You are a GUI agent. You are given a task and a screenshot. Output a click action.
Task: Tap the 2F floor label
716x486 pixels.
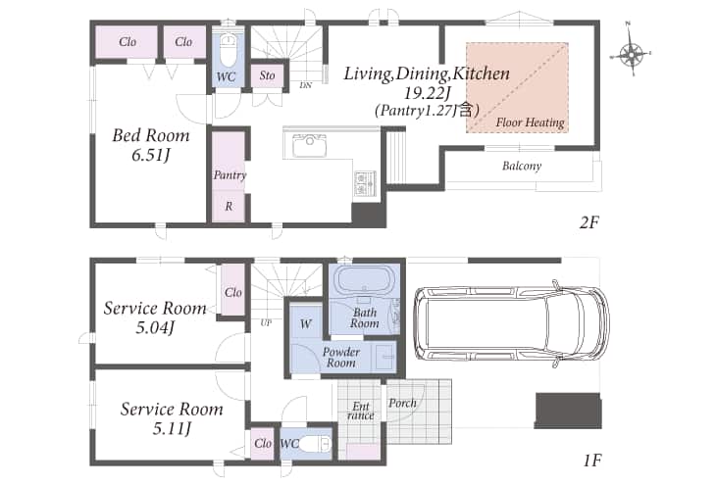tap(588, 222)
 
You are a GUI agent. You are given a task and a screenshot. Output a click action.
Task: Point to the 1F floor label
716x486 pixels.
tap(592, 461)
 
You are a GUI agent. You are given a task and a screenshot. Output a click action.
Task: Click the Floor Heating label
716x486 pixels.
tap(531, 122)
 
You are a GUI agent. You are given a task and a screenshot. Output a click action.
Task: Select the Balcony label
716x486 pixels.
tap(522, 166)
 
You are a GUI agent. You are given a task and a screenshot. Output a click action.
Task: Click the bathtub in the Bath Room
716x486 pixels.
tap(364, 279)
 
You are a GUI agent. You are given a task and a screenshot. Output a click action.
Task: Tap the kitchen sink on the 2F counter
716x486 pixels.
tap(310, 146)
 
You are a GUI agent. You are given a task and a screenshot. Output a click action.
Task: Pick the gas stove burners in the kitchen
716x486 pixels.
tap(365, 183)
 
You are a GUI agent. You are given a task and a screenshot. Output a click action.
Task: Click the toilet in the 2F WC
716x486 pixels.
tap(228, 51)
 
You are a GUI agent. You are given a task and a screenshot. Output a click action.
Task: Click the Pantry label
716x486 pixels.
tap(230, 174)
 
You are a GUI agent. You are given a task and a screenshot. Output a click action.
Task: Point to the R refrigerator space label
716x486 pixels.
tap(229, 207)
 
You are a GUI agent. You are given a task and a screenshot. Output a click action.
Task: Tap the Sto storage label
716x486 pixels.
tap(267, 75)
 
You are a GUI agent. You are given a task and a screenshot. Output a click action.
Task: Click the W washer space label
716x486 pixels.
tap(305, 324)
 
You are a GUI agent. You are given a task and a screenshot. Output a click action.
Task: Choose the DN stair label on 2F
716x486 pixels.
tap(305, 85)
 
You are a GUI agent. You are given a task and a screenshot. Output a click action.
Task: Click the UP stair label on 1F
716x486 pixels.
tap(266, 322)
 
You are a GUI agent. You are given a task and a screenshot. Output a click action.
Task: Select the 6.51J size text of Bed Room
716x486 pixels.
tap(151, 156)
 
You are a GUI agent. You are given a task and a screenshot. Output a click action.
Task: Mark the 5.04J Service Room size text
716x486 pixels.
tap(155, 327)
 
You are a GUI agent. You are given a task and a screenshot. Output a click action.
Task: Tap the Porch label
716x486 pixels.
tap(402, 403)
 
